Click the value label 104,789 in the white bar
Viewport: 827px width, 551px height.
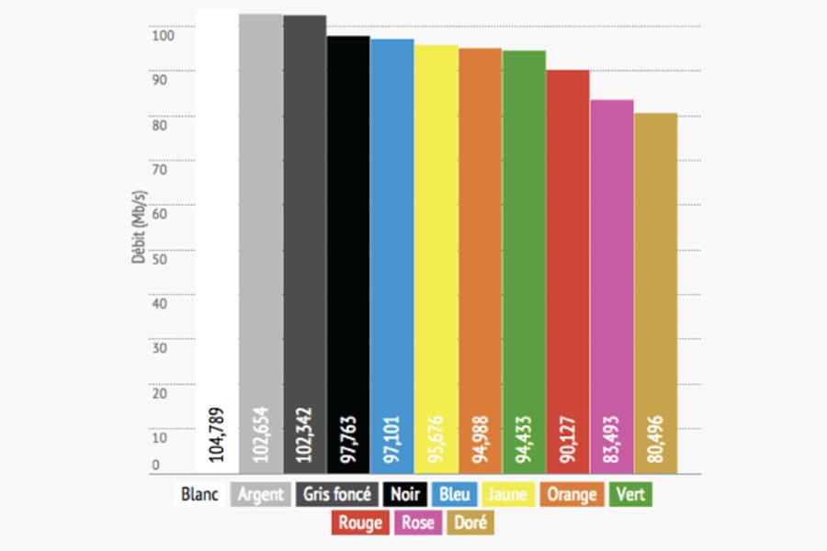click(217, 433)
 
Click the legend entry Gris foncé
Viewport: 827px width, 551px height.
click(337, 494)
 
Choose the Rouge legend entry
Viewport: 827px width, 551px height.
click(360, 523)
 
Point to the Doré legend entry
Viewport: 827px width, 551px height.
click(470, 523)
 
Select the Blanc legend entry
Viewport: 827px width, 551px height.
click(200, 494)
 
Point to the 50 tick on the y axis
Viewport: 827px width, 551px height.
click(159, 259)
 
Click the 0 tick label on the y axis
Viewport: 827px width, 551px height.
click(155, 465)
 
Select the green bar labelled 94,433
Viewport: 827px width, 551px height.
click(524, 257)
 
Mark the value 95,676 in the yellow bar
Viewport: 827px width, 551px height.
click(436, 433)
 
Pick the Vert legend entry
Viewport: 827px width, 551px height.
click(630, 494)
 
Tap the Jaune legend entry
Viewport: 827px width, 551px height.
click(507, 494)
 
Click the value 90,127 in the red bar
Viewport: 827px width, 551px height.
click(568, 433)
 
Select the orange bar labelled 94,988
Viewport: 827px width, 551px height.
click(480, 257)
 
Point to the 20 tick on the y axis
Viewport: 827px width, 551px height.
click(159, 393)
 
